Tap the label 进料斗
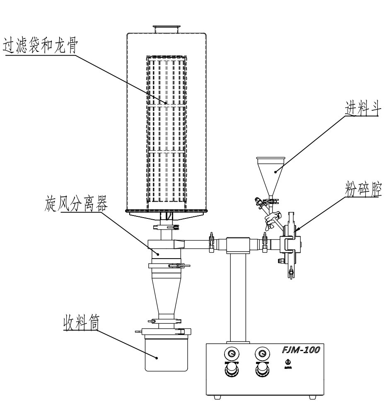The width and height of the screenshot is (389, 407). [x=360, y=111]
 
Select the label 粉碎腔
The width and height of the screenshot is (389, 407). [x=362, y=191]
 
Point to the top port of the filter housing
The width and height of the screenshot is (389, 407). [x=167, y=29]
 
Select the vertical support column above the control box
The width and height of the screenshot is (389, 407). [x=237, y=294]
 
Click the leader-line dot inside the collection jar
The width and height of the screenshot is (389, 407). [x=157, y=357]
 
